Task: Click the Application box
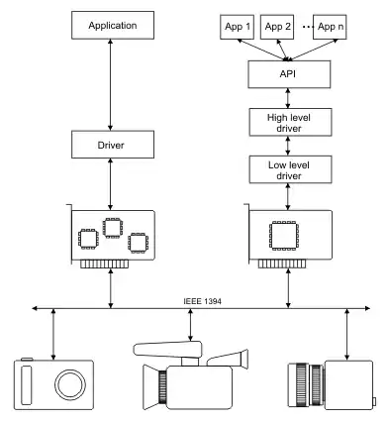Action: [x=113, y=25]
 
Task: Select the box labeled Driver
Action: [x=113, y=145]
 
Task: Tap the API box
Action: [x=289, y=74]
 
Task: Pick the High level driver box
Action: [x=290, y=122]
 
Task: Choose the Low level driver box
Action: [x=290, y=169]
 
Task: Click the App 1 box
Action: [x=237, y=27]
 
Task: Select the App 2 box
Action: [x=277, y=27]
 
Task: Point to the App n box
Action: [x=330, y=27]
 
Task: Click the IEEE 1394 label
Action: [x=202, y=301]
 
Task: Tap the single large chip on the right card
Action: [x=284, y=236]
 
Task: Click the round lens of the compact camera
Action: [x=70, y=385]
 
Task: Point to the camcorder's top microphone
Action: [x=167, y=350]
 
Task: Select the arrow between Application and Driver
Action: [x=110, y=85]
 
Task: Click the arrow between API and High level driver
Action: [x=288, y=98]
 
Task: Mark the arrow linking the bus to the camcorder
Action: [x=190, y=325]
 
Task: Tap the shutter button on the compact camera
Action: [x=27, y=359]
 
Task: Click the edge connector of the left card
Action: [x=104, y=264]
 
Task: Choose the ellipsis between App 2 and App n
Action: [x=308, y=27]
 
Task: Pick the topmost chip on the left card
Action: [x=113, y=228]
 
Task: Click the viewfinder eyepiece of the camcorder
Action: [x=244, y=359]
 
